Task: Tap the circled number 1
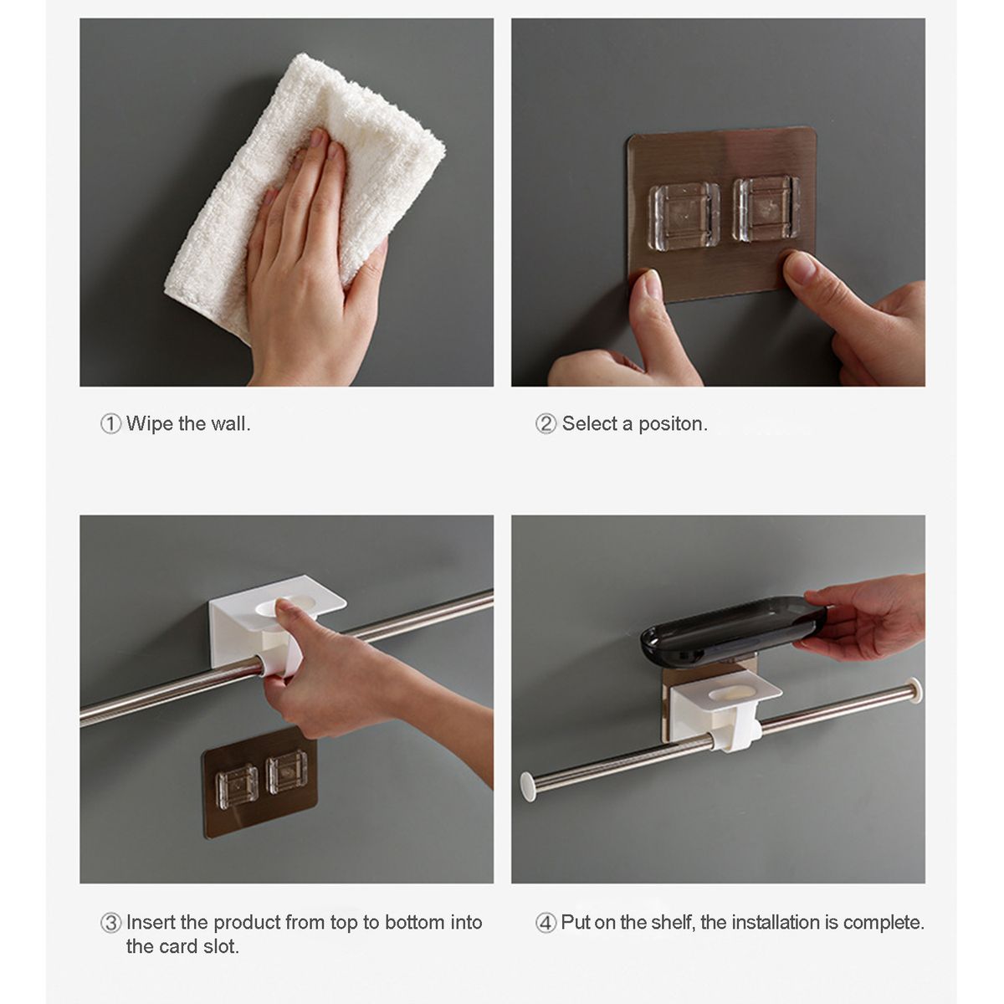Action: [x=110, y=423]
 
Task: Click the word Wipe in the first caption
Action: [x=150, y=423]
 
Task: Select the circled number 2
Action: [x=546, y=423]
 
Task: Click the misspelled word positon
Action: [x=674, y=424]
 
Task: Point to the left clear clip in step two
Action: [x=684, y=215]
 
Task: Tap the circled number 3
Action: [x=110, y=923]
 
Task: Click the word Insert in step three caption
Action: [x=151, y=922]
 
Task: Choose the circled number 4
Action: [x=546, y=923]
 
